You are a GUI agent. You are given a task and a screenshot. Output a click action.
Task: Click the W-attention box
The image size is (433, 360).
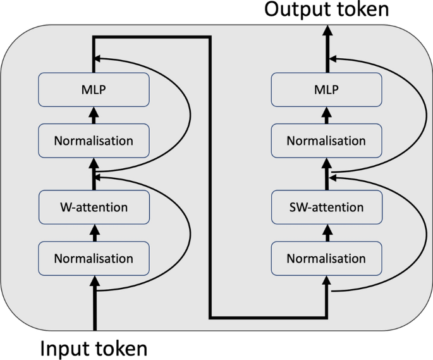pos(94,207)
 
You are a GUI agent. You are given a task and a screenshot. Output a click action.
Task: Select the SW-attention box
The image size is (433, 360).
pos(326,207)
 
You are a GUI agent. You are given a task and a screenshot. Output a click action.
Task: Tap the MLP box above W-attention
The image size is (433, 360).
pos(94,90)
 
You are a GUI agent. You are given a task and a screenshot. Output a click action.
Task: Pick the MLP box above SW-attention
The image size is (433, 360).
pos(326,90)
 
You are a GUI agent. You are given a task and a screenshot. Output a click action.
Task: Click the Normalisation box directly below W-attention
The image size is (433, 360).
pos(94,258)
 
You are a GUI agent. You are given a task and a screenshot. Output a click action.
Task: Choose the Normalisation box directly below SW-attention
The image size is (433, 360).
pos(326,258)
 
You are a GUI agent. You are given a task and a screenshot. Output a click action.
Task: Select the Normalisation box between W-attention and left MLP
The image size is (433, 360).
pos(94,140)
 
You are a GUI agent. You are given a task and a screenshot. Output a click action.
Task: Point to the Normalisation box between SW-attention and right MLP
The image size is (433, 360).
pos(326,140)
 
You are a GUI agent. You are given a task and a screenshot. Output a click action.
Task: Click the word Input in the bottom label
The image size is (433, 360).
pos(64,348)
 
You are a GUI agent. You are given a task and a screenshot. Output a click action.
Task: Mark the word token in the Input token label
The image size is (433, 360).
pos(120,348)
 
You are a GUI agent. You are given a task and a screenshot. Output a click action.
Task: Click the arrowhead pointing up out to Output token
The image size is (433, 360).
pos(327,30)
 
